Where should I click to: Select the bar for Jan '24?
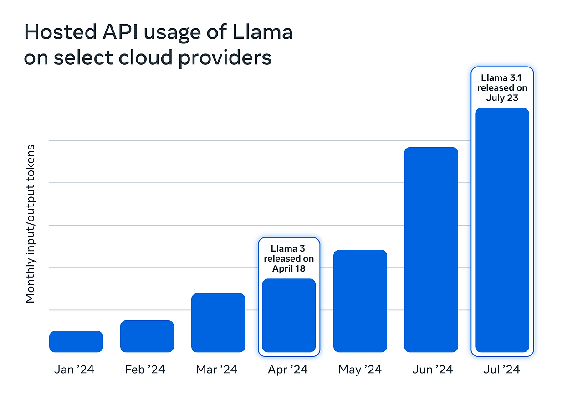[x=76, y=341]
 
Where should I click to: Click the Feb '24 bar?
[x=147, y=336]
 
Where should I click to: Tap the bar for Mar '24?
[x=218, y=323]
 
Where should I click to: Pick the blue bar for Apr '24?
[x=289, y=315]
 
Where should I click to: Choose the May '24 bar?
[x=360, y=301]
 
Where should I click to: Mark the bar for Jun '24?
[x=431, y=250]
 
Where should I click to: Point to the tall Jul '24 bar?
[x=502, y=230]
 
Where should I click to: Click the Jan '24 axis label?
[x=74, y=370]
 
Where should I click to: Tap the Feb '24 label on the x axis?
[x=145, y=370]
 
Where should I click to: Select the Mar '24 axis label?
[x=217, y=370]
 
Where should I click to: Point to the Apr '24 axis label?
[x=288, y=370]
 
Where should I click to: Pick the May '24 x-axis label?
[x=360, y=370]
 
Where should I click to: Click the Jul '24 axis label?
[x=502, y=370]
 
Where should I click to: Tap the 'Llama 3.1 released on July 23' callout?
[x=502, y=88]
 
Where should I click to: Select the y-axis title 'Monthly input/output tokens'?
[x=31, y=224]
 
